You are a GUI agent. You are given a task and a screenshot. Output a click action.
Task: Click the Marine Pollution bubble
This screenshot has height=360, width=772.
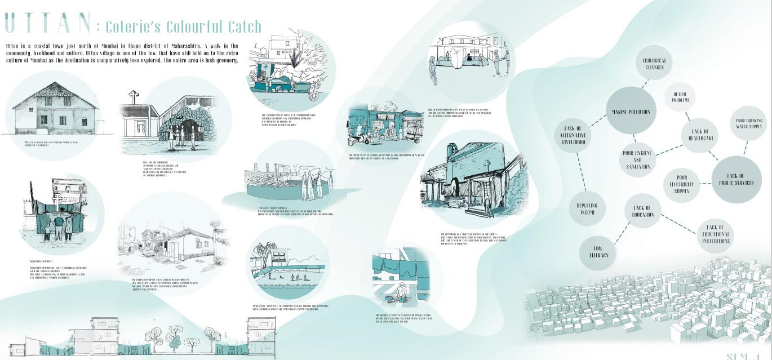[631, 112]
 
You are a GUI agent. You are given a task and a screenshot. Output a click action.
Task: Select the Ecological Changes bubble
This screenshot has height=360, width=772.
[654, 64]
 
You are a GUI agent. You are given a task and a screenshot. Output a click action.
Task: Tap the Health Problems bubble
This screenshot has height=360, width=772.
[680, 97]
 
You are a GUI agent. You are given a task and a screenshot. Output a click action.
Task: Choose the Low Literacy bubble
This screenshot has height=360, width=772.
[597, 251]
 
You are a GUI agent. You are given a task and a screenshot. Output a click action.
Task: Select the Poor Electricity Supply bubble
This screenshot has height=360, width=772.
[682, 184]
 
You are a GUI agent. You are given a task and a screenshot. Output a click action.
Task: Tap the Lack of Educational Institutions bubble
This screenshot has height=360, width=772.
[716, 234]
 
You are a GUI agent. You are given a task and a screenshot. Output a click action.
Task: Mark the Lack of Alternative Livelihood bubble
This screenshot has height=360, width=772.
[574, 135]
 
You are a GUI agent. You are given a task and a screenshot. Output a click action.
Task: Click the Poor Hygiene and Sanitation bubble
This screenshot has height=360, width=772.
[637, 159]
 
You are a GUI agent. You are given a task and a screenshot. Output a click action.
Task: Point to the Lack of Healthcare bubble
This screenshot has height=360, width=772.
[699, 135]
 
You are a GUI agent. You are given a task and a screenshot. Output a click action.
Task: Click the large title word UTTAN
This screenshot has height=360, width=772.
[47, 23]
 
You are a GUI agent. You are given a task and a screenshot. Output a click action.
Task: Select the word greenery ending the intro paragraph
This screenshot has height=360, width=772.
[224, 60]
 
